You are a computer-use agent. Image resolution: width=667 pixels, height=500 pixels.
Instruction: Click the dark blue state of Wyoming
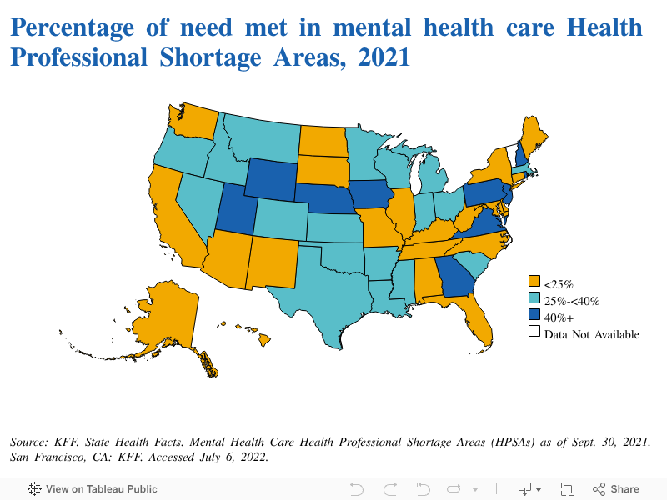tap(271, 179)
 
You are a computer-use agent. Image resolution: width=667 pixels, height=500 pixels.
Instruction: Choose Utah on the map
tap(238, 212)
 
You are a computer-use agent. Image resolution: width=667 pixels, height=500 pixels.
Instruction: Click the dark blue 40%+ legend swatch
tap(534, 317)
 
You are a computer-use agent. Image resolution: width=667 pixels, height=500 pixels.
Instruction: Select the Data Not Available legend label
tap(591, 334)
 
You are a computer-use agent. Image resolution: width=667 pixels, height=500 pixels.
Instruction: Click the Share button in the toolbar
tap(616, 489)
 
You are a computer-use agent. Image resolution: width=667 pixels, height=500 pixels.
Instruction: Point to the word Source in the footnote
tap(30, 441)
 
